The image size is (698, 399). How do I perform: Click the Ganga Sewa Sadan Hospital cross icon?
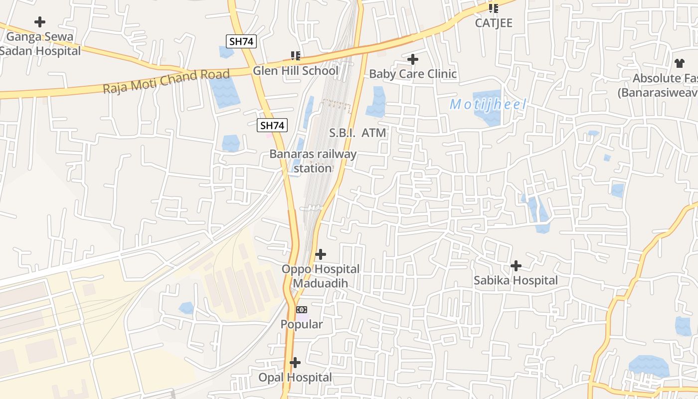(x=40, y=22)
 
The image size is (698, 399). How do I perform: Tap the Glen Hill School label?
(x=295, y=70)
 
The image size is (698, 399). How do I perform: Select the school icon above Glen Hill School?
(x=296, y=56)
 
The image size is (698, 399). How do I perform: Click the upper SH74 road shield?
(x=241, y=41)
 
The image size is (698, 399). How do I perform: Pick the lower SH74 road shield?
(x=272, y=126)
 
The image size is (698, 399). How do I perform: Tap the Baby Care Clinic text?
(x=413, y=74)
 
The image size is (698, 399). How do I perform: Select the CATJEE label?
(x=494, y=23)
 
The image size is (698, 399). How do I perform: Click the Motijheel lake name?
(x=488, y=105)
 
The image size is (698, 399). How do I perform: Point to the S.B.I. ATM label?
(x=358, y=133)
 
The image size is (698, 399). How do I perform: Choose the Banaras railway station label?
(x=313, y=161)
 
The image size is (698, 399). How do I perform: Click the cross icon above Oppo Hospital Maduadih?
(x=321, y=255)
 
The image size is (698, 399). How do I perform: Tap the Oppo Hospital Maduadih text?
(x=321, y=276)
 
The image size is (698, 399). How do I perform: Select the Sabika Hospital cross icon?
(x=516, y=266)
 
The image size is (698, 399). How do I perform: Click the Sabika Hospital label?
(x=516, y=280)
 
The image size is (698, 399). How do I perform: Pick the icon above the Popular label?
(x=302, y=310)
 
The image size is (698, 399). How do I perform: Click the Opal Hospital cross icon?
(x=295, y=363)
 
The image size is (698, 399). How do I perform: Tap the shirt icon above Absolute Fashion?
(x=680, y=63)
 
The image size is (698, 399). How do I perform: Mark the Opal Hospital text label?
(x=295, y=378)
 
